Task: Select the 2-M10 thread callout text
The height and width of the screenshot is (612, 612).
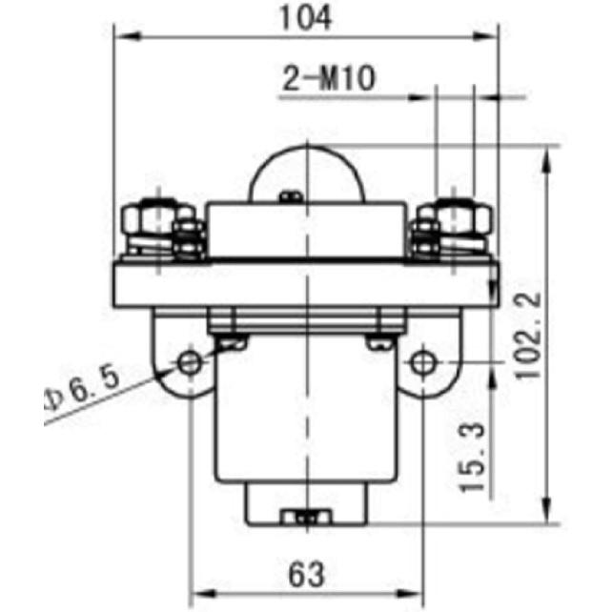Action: click(327, 78)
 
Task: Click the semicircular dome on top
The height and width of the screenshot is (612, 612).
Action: click(306, 173)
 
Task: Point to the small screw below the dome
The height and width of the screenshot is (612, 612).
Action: click(293, 197)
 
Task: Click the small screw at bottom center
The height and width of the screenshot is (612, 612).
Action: click(306, 517)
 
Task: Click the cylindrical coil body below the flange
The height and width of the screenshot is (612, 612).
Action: click(306, 419)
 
